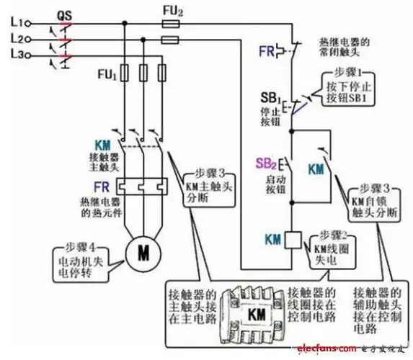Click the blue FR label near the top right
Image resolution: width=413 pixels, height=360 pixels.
point(267,51)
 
